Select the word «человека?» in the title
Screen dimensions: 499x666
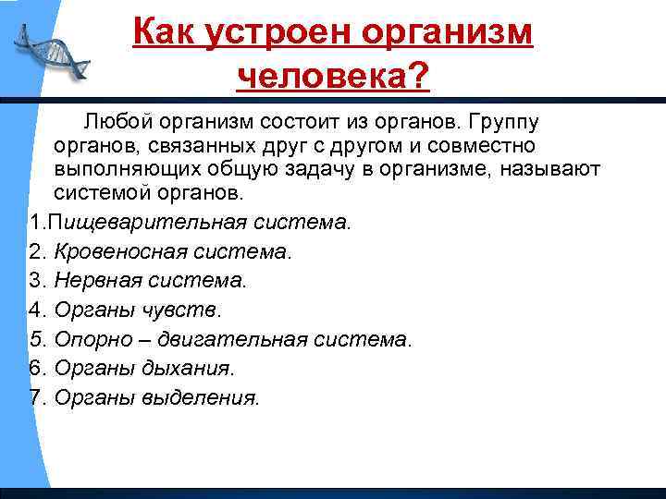pos(334,76)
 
